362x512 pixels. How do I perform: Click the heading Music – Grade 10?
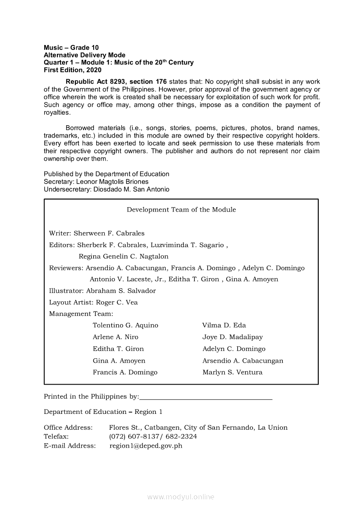pos(71,47)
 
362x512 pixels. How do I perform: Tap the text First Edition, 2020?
pos(72,70)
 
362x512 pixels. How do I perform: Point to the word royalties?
pos(57,113)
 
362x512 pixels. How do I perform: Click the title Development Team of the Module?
pos(181,210)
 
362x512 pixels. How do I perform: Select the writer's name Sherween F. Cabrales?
pos(109,233)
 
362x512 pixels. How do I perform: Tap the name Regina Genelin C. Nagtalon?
pos(123,257)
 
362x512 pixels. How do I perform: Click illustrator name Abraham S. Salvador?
pos(121,291)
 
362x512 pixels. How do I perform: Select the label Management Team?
pos(81,314)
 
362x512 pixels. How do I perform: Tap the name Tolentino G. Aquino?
pos(126,325)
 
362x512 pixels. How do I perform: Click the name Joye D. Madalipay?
pos(232,337)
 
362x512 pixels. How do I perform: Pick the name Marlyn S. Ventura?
pos(232,373)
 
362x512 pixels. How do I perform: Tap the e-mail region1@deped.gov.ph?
pos(146,446)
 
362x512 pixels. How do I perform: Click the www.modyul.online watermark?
pos(181,497)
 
